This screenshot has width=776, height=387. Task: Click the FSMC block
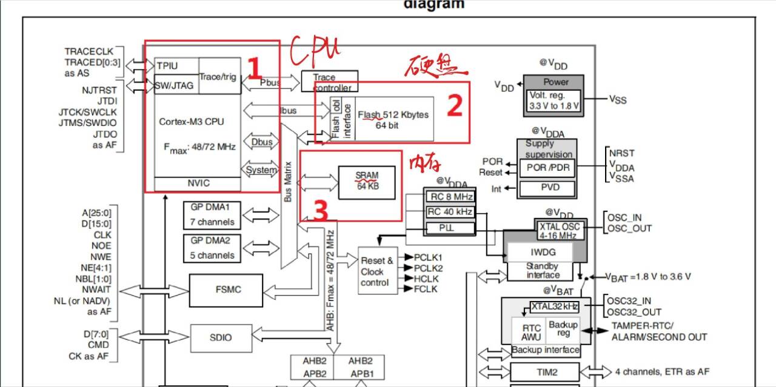(x=227, y=290)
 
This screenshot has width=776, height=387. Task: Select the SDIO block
(x=221, y=337)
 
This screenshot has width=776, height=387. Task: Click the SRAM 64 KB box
(x=367, y=180)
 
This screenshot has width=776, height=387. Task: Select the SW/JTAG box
(x=175, y=85)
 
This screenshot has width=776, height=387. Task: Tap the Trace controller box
(x=330, y=82)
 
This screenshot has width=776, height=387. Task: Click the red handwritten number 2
(x=454, y=106)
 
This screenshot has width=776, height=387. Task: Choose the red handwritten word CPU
(x=315, y=51)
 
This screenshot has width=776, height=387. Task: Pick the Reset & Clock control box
(x=378, y=271)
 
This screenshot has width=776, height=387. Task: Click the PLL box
(x=449, y=228)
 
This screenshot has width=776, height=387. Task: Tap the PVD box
(x=549, y=188)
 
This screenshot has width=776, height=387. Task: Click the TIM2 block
(x=545, y=372)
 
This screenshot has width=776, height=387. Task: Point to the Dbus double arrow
(x=262, y=142)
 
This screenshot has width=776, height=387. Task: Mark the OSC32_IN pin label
(x=629, y=301)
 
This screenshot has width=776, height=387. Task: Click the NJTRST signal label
(x=99, y=90)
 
